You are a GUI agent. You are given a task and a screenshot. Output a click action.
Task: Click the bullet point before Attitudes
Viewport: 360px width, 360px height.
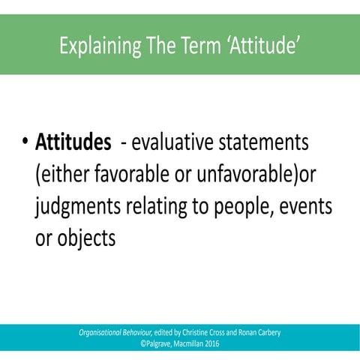[25, 142]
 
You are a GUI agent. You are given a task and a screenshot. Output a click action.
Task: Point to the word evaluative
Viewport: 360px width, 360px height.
[174, 142]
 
